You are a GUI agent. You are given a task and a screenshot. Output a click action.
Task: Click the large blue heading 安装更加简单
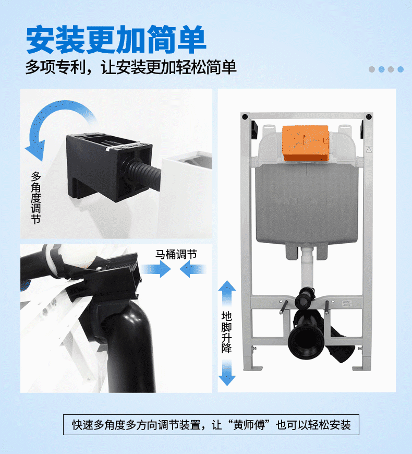116,39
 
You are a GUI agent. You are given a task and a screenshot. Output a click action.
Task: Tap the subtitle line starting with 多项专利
131,67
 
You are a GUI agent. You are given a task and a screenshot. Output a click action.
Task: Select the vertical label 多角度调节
36,198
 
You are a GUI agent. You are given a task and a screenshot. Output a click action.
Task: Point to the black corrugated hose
144,174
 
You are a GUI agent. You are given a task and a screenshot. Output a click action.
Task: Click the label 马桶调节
176,254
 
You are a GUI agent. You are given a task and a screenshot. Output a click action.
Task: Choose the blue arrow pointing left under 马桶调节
193,269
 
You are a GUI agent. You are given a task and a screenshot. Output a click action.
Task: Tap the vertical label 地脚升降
226,332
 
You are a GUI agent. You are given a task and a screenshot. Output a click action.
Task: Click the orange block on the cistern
306,143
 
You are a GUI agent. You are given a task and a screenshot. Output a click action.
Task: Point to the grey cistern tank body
307,204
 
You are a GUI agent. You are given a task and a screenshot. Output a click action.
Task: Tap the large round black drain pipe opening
306,341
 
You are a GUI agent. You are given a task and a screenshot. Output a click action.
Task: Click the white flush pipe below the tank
307,268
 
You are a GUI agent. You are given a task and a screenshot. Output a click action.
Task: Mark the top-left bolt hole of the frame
245,117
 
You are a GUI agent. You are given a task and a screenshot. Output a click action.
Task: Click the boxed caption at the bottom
211,425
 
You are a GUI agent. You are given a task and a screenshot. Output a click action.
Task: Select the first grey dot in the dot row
372,69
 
